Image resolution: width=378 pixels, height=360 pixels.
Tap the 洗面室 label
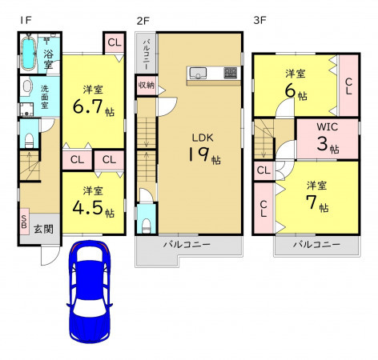[45, 97]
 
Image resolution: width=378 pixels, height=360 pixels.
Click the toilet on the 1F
[29, 141]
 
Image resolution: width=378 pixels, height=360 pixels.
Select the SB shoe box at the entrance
[24, 222]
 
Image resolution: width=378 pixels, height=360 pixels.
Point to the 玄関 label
[43, 229]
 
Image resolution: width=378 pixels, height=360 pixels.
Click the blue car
[90, 292]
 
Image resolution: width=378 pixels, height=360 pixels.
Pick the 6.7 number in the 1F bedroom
[87, 106]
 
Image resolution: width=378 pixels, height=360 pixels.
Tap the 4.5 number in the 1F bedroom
[87, 207]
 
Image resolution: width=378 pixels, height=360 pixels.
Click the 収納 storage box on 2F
[147, 86]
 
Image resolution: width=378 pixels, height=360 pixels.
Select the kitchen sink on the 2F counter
[198, 73]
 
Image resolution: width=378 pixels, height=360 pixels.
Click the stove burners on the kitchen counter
[231, 73]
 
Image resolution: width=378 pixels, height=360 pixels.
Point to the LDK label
[203, 138]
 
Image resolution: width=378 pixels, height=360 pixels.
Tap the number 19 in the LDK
[199, 154]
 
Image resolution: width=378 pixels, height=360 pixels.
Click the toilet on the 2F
[146, 226]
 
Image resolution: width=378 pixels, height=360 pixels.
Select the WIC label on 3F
[328, 127]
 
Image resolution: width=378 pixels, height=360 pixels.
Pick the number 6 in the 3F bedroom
[290, 90]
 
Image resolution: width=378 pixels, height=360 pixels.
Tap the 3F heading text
[259, 21]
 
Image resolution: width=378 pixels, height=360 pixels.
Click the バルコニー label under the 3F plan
[316, 244]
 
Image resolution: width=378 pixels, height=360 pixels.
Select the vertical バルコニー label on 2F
[147, 54]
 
